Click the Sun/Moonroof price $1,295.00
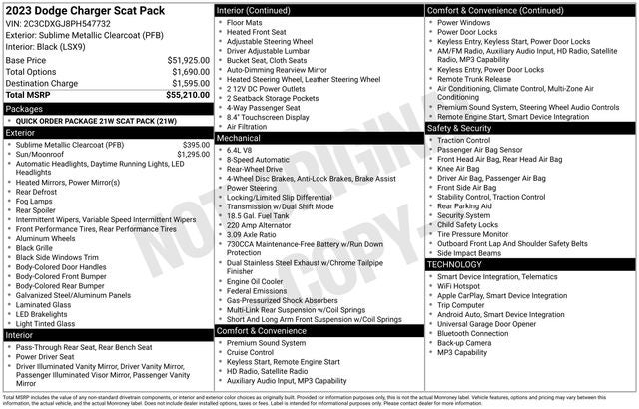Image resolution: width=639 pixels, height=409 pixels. [193, 154]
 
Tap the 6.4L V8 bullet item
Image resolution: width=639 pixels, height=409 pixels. [241, 149]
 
